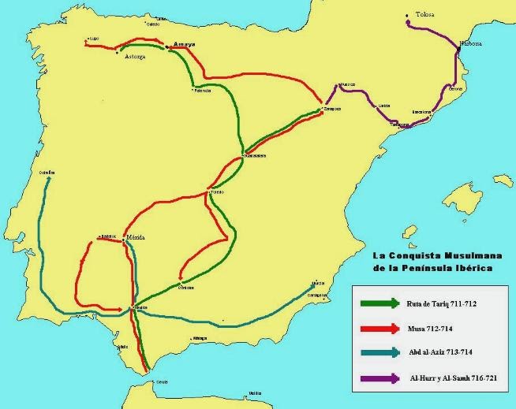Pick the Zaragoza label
point(332,109)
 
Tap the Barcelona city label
point(422,112)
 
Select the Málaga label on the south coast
point(199,339)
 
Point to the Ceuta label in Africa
point(163,381)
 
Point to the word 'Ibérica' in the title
point(467,268)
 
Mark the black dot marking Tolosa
point(407,14)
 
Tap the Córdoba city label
point(186,288)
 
